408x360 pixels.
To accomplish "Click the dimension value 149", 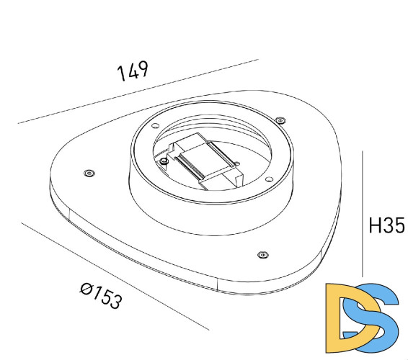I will point(133,71).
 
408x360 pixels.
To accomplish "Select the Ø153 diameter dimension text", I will point(100,296).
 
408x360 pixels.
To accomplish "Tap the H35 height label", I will point(386,226).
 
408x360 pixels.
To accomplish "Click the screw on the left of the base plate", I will point(89,173).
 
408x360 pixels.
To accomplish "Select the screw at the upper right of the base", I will point(280,120).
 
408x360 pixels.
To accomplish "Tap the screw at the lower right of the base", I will point(262,253).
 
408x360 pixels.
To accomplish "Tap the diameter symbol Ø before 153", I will point(86,289).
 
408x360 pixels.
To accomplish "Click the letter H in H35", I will point(375,226).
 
